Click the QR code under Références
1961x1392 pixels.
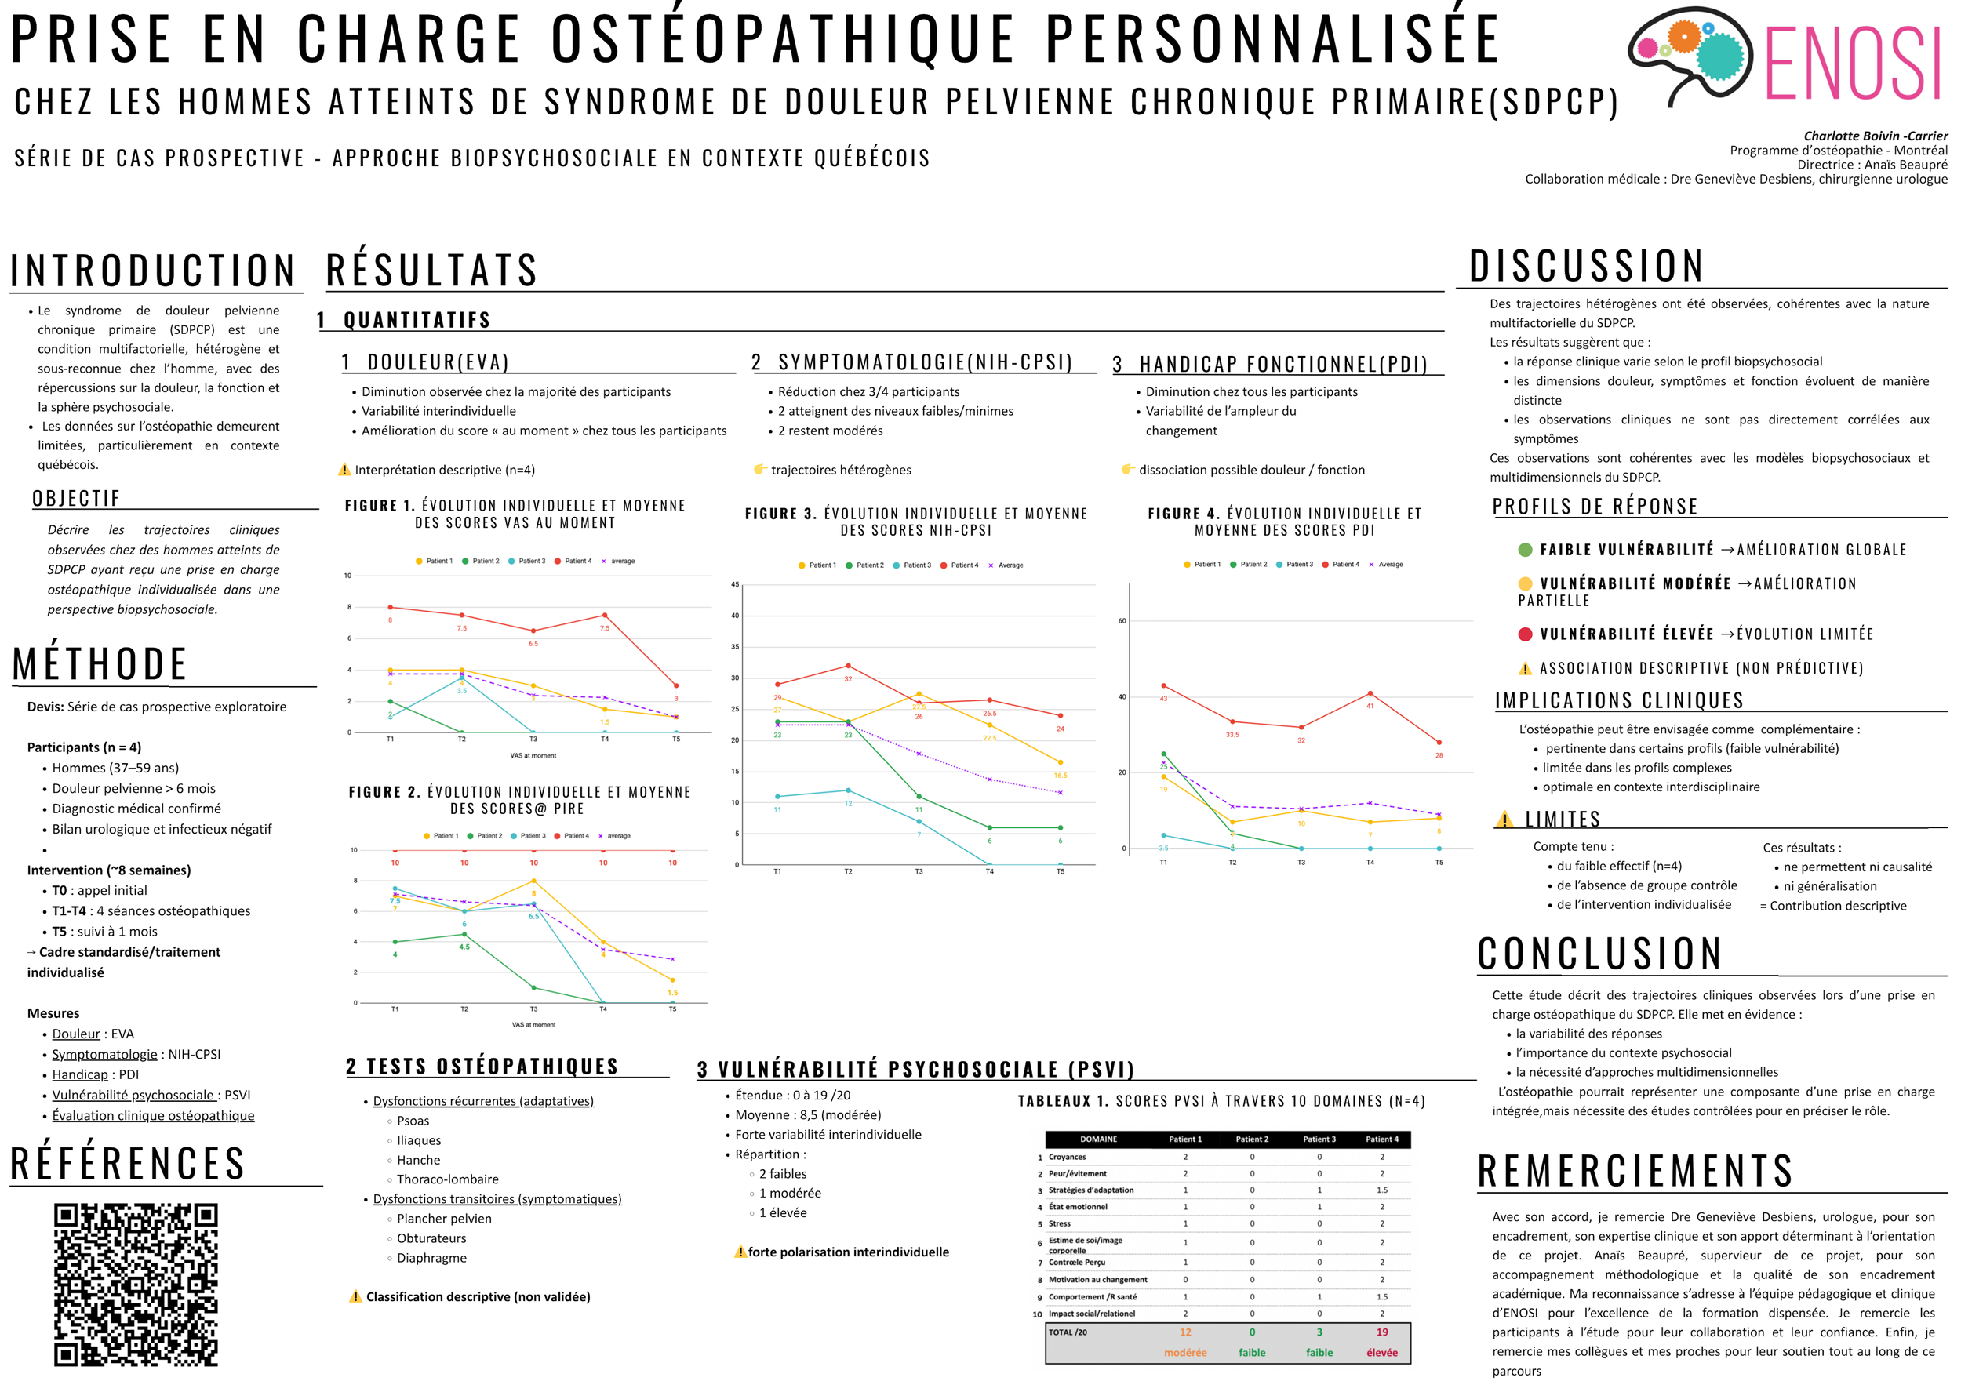(x=136, y=1283)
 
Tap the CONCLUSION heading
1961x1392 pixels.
(x=1599, y=953)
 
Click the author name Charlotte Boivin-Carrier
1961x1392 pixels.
(x=1876, y=136)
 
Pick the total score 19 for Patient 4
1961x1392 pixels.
(x=1381, y=1332)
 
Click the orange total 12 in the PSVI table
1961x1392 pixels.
(x=1185, y=1332)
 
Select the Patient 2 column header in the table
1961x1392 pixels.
(x=1251, y=1139)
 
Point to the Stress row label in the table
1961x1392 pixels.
(x=1060, y=1224)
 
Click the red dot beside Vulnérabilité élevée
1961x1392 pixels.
(x=1525, y=634)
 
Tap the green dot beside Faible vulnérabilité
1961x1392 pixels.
(x=1525, y=550)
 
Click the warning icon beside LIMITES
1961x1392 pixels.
(x=1504, y=820)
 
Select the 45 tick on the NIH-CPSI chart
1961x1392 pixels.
(x=734, y=584)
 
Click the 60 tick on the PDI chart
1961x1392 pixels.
(x=1122, y=620)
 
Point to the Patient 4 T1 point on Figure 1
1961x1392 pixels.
(x=390, y=607)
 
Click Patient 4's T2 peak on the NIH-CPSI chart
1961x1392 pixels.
(x=848, y=665)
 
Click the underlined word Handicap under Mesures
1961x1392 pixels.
(x=80, y=1074)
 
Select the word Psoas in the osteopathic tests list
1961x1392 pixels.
(x=413, y=1121)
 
